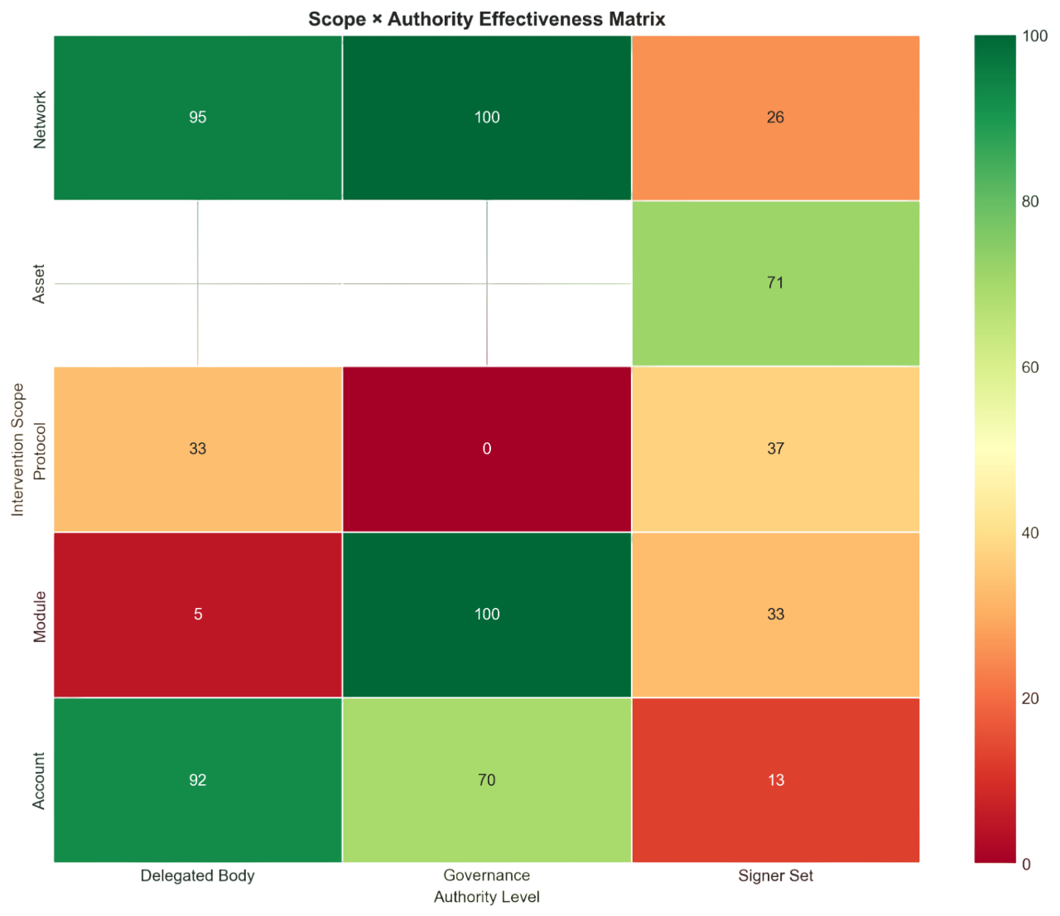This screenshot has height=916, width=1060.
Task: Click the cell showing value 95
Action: tap(197, 117)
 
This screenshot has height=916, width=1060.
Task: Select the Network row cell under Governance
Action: tap(487, 117)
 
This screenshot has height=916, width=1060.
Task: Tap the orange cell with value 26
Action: tap(775, 117)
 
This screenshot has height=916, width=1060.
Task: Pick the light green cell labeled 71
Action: tap(775, 282)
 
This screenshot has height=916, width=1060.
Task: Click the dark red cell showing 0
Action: tap(487, 448)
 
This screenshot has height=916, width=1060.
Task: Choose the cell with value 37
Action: tap(775, 448)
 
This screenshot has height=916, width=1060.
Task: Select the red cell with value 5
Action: tap(197, 614)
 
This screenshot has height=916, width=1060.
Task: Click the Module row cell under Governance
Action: tap(487, 614)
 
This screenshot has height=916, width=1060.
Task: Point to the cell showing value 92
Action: tap(197, 779)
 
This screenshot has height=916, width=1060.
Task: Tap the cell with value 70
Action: tap(487, 779)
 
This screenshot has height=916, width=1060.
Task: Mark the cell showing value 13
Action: tap(775, 779)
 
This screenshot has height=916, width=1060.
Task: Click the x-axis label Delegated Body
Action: tap(197, 875)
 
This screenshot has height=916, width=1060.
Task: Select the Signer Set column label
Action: tap(775, 875)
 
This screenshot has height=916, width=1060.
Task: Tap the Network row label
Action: tap(39, 120)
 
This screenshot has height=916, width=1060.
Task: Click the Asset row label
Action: tap(39, 283)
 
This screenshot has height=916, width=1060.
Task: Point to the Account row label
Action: tap(39, 780)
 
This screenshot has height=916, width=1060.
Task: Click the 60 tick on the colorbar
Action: tap(1030, 367)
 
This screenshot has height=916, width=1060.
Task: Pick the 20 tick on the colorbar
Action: tap(1030, 698)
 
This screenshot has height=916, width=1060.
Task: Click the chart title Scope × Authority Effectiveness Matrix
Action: tap(486, 19)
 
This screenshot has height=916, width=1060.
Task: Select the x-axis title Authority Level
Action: tap(486, 897)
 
